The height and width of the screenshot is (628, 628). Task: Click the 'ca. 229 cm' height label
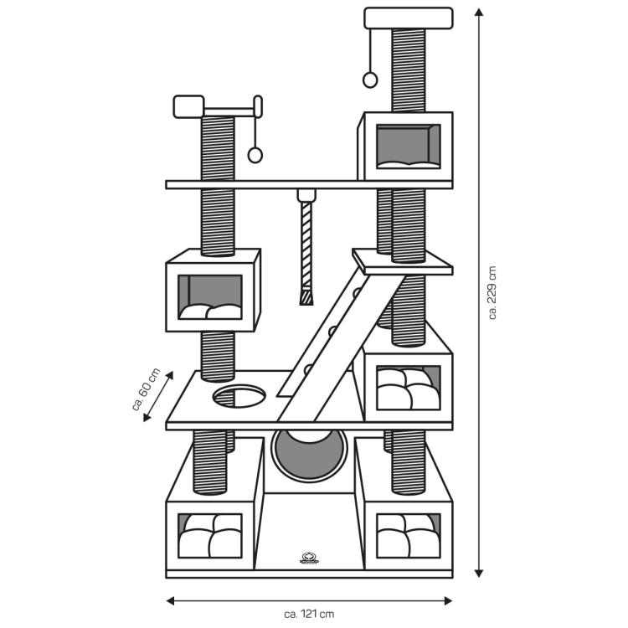click(492, 292)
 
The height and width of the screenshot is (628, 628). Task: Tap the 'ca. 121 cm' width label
click(309, 614)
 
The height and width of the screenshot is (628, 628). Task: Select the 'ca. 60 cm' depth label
click(146, 389)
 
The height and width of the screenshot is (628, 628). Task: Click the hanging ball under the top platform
click(370, 80)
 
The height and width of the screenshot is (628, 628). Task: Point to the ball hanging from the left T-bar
click(255, 155)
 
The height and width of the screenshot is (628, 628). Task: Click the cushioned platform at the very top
click(409, 18)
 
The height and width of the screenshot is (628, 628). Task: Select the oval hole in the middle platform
click(239, 396)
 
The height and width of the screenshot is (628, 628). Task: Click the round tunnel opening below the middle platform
click(309, 455)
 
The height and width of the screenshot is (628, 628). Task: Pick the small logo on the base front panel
click(309, 558)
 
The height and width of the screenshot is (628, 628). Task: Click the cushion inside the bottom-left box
click(210, 536)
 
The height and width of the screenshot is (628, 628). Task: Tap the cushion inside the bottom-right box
click(408, 536)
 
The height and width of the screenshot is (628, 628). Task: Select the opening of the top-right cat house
click(408, 147)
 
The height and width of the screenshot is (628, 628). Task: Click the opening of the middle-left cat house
click(210, 296)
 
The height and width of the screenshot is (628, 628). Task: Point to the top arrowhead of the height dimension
click(479, 12)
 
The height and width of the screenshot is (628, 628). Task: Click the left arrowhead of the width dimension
click(170, 600)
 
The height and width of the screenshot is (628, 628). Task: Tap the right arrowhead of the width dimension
click(448, 600)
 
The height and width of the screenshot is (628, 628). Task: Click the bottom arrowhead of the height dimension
click(479, 573)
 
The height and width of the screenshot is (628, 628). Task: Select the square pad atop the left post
click(188, 106)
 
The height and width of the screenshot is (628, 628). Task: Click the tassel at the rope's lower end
click(306, 296)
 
